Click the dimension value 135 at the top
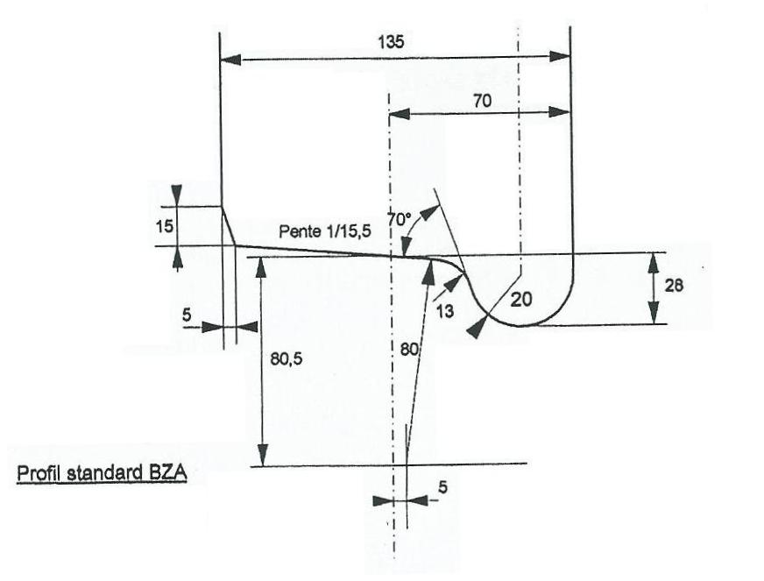click(x=392, y=42)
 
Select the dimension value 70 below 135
click(x=483, y=101)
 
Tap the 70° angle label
click(x=400, y=219)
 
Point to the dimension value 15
click(x=165, y=226)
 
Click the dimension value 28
click(x=674, y=285)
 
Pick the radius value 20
click(x=520, y=300)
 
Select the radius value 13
click(x=444, y=310)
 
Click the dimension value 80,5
click(x=286, y=359)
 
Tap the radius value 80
click(x=409, y=350)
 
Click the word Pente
click(x=298, y=231)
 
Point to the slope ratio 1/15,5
click(x=346, y=231)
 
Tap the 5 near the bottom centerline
click(x=443, y=486)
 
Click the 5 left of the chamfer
click(x=187, y=315)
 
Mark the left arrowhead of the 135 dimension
click(x=230, y=60)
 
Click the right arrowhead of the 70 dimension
click(x=559, y=111)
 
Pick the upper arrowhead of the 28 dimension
click(x=654, y=264)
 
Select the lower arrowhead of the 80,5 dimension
click(x=263, y=455)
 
